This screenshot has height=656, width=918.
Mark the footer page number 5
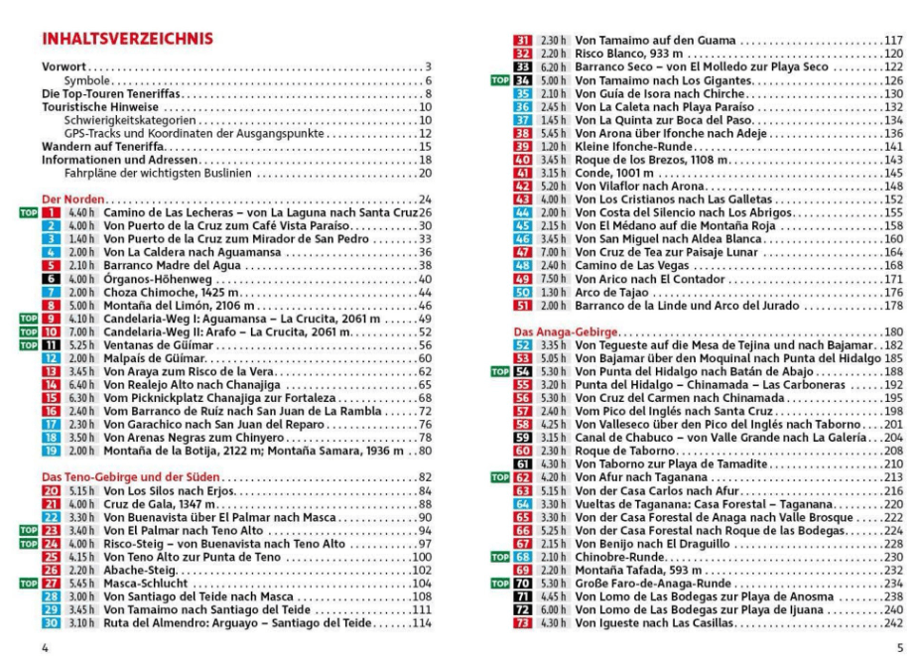(898, 646)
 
